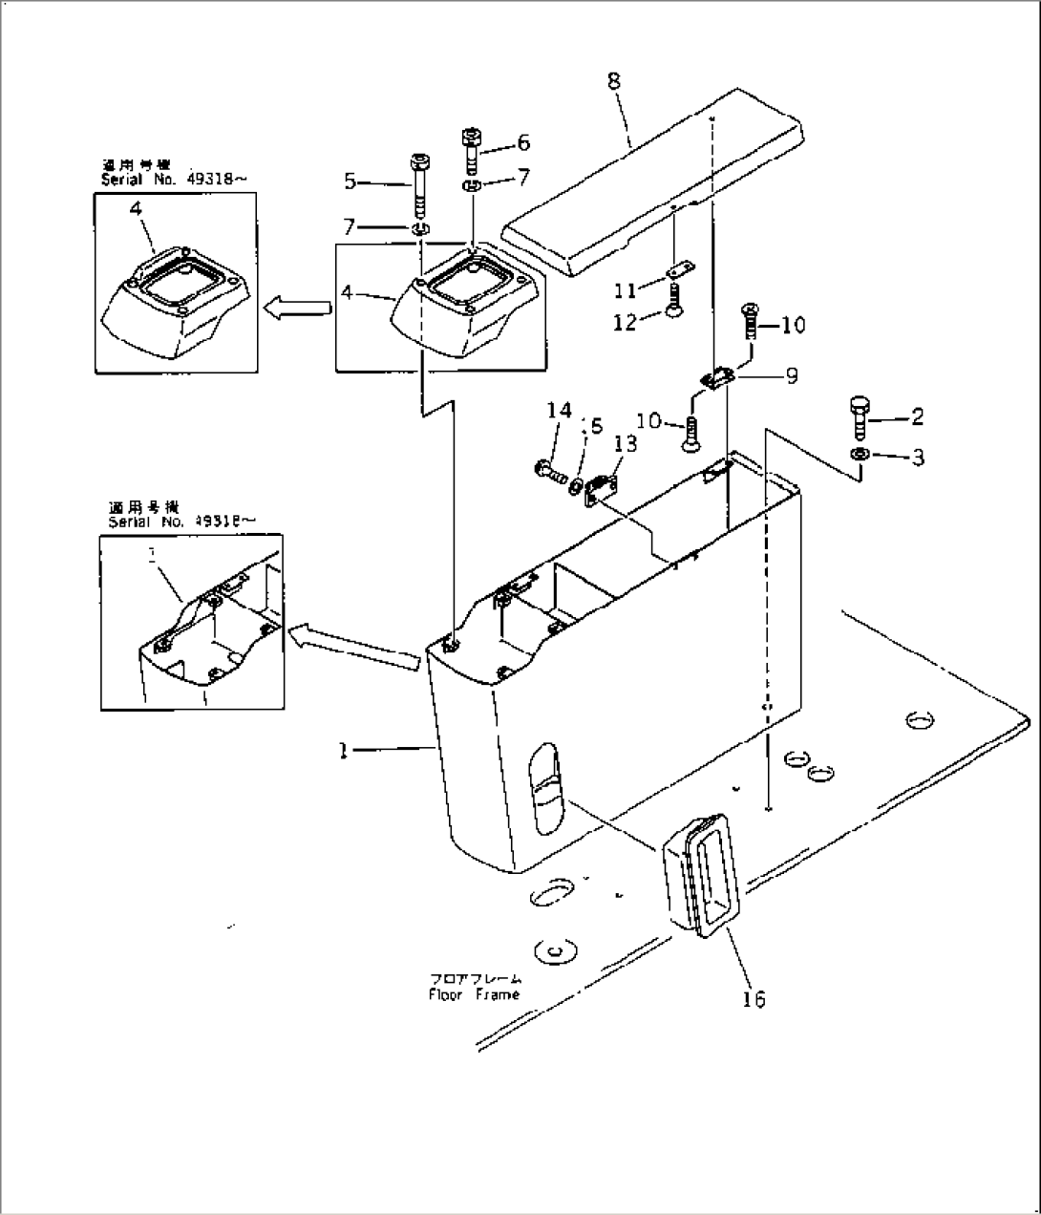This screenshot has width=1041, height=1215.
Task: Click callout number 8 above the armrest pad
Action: (x=613, y=81)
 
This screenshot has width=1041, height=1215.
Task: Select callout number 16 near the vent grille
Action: (x=754, y=999)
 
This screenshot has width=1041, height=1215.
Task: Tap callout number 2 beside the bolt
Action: (x=917, y=416)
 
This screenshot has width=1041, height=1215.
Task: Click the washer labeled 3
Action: (x=860, y=455)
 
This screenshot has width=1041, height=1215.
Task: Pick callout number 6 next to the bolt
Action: (x=522, y=142)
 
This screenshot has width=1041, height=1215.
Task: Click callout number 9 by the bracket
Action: (x=791, y=376)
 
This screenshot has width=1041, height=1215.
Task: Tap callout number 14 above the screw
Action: (x=559, y=411)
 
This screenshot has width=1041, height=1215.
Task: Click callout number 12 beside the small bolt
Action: (x=625, y=323)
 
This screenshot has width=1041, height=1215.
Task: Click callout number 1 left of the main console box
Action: (x=341, y=751)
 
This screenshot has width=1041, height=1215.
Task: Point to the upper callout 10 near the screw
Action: (x=793, y=325)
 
